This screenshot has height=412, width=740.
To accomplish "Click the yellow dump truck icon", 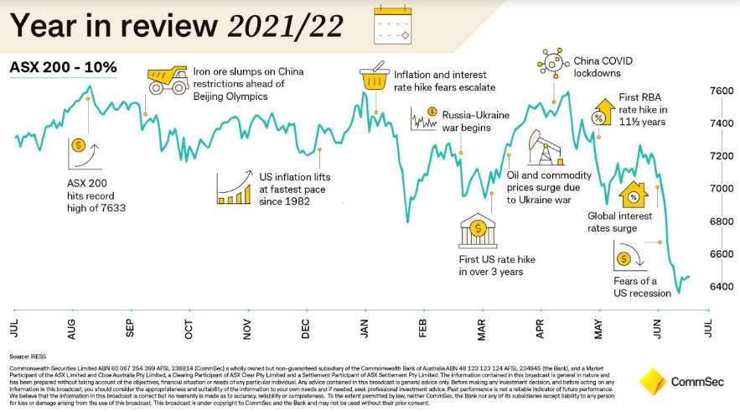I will pyautogui.click(x=167, y=81).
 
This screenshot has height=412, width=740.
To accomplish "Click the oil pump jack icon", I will pyautogui.click(x=543, y=149).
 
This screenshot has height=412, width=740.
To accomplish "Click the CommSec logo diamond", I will pyautogui.click(x=651, y=382).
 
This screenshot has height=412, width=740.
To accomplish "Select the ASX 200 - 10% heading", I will pyautogui.click(x=63, y=66).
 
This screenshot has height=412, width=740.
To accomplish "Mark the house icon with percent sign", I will pyautogui.click(x=634, y=196).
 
